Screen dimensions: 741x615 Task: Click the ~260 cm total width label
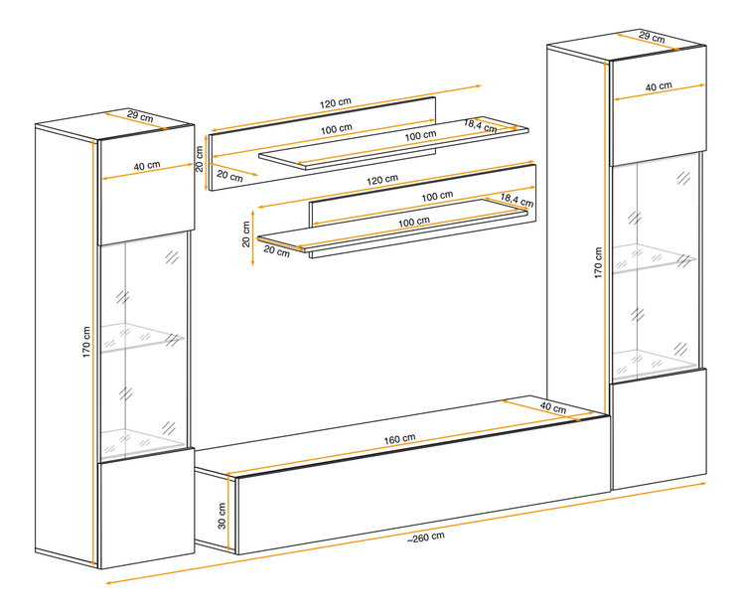[426, 538]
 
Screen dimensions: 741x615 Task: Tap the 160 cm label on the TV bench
[399, 439]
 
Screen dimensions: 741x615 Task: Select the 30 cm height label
[222, 516]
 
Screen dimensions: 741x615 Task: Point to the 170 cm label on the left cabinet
[86, 342]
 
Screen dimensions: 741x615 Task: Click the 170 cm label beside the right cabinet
[598, 262]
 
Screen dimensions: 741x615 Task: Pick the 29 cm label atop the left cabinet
[140, 116]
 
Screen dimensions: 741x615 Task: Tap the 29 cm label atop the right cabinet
[653, 37]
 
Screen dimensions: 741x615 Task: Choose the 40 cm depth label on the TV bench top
[553, 406]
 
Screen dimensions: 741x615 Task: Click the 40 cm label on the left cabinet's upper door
[147, 166]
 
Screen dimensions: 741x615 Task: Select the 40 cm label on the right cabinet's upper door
[659, 86]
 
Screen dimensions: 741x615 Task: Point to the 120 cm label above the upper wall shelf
[336, 102]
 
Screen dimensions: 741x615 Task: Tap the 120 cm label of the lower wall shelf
[382, 179]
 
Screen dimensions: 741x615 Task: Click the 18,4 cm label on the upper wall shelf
[480, 125]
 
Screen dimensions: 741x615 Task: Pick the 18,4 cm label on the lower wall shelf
[517, 200]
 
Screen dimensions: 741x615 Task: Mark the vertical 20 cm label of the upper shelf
[200, 159]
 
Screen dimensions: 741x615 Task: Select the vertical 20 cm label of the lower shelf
[245, 234]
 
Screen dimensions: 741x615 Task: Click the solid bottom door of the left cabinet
[147, 508]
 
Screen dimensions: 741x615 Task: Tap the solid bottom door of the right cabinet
[659, 428]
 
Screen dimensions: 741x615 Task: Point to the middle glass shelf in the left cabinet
[142, 337]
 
